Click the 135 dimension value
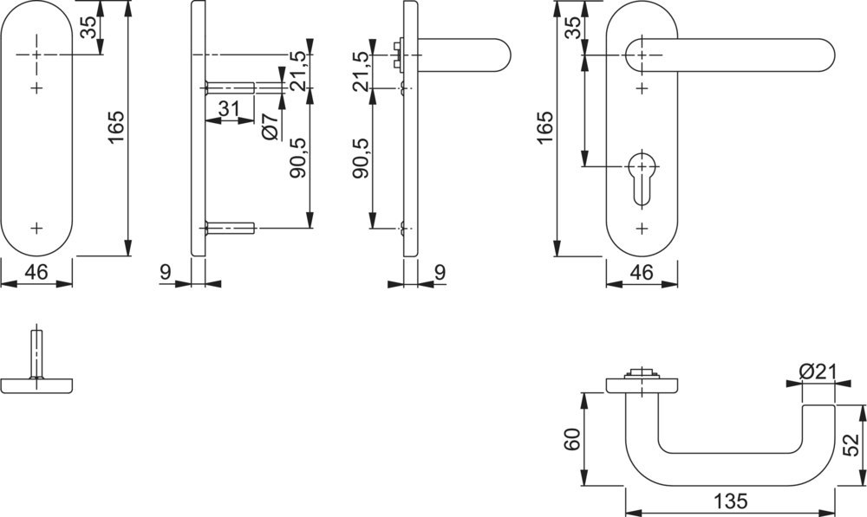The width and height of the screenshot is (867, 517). point(732,501)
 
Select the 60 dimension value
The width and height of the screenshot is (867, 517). point(571,439)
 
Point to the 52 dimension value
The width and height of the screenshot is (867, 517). point(851,444)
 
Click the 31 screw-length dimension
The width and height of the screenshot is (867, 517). point(229,108)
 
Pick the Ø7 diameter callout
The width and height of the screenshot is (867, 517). point(269,126)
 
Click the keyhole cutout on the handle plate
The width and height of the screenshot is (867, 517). point(641,178)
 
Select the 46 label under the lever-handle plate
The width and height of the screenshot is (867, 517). point(641,272)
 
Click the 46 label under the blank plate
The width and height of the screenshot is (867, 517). point(36,272)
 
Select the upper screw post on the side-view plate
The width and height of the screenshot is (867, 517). point(229,87)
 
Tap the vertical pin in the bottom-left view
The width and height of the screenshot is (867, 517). point(36,352)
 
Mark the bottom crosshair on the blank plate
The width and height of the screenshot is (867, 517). point(36,228)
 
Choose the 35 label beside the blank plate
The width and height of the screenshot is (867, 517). point(88,29)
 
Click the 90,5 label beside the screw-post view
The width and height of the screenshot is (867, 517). point(297,158)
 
